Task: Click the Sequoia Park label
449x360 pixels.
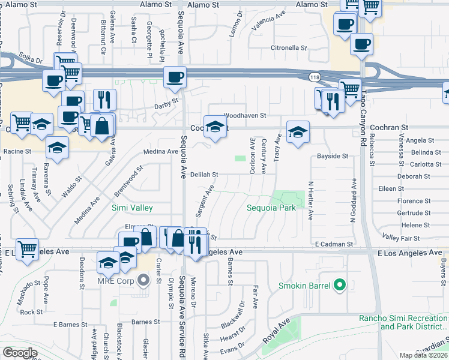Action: pos(272,208)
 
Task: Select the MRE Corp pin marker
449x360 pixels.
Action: pos(143,280)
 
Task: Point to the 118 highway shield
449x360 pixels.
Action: pos(314,77)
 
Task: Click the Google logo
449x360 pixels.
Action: pos(20,353)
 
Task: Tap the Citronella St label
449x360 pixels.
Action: pos(289,47)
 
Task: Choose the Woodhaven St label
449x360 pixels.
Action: pos(244,115)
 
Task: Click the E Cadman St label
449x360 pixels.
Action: pos(334,244)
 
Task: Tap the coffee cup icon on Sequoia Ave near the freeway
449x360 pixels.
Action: pos(175,77)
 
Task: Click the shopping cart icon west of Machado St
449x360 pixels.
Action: pos(26,248)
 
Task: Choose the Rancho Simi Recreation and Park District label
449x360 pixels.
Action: pos(403,322)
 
